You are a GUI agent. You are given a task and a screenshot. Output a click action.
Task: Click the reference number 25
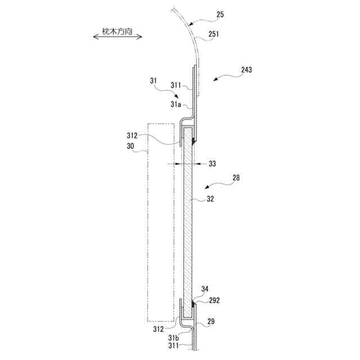pos(220,15)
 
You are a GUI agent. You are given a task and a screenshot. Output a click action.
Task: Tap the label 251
pos(214,34)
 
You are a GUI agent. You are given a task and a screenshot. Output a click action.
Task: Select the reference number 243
pos(246,70)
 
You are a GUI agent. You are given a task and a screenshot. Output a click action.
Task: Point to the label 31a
pos(175,105)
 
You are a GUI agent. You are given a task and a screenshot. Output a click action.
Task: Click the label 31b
pos(173,337)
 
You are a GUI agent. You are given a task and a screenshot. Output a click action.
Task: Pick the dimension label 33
pos(212,164)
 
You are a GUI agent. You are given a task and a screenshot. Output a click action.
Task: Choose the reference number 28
pos(236,178)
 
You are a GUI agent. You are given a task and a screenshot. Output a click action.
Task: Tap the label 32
pos(210,199)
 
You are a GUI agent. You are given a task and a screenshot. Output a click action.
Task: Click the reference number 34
pos(205,289)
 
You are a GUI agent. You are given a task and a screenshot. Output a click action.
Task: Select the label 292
pos(214,300)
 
